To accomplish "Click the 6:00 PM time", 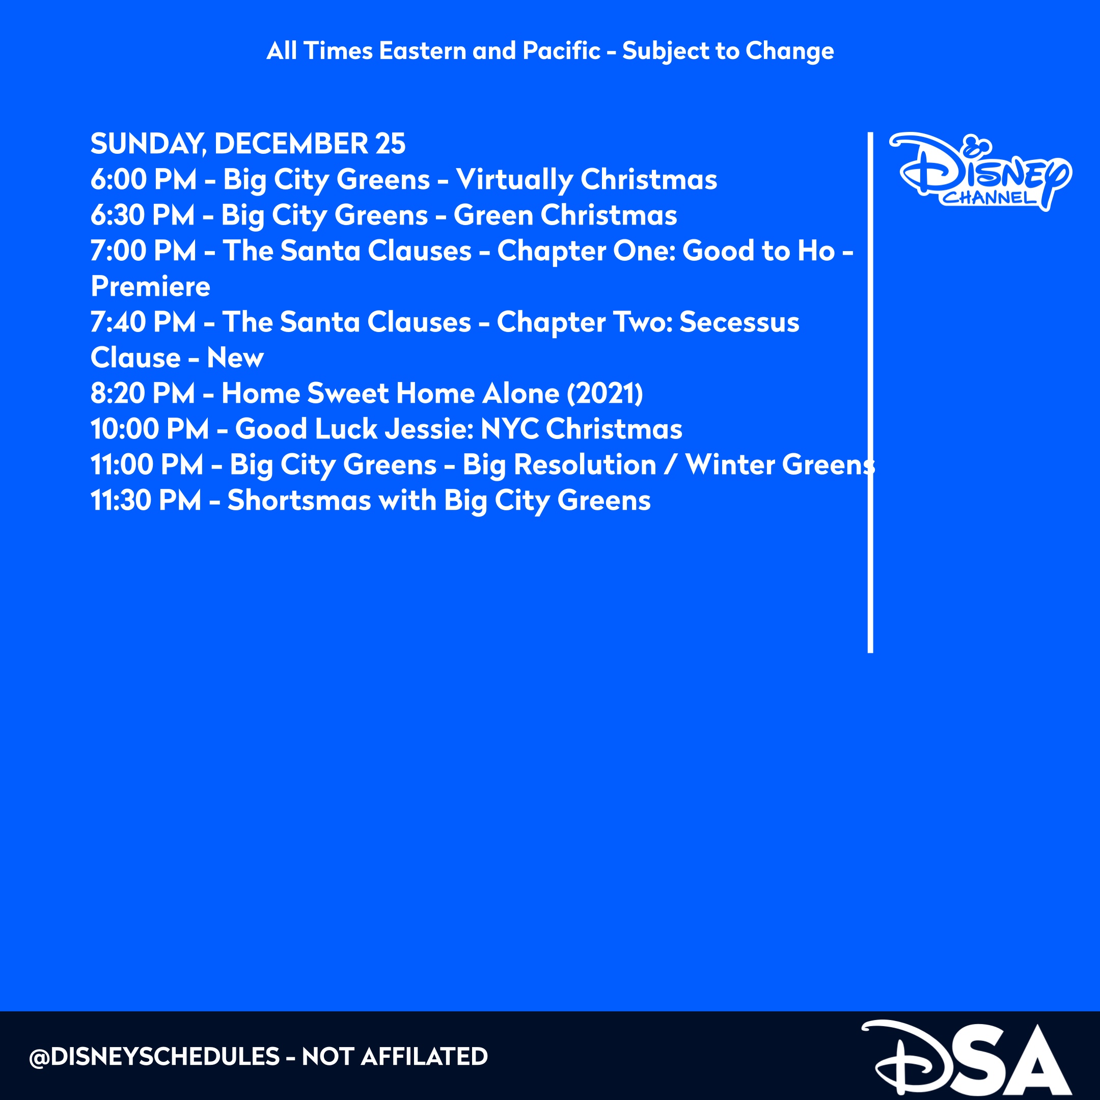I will tap(144, 179).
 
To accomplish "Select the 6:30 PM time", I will tap(143, 215).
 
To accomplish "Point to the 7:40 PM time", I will tap(143, 322).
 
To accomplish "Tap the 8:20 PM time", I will tap(143, 394).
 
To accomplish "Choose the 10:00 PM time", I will tap(149, 429).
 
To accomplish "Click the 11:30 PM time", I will tap(146, 501).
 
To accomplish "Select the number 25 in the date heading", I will tap(390, 144).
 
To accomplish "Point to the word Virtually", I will tap(514, 180).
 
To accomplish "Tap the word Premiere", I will tap(150, 286).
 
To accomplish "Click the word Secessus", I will tap(739, 322).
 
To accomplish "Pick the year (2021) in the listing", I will tap(604, 394).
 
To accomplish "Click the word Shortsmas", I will tap(299, 501).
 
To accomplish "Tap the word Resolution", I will tap(585, 464).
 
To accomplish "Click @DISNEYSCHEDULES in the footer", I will tap(154, 1057).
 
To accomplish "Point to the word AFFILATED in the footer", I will tap(424, 1057).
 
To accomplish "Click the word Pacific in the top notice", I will tap(561, 51).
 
